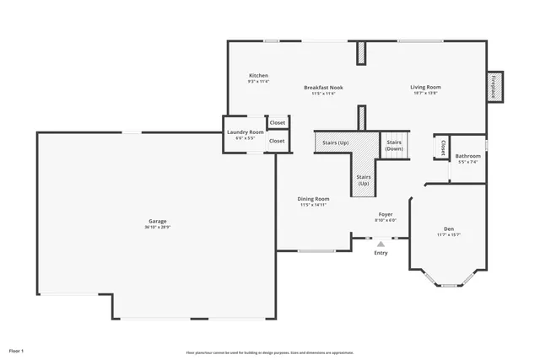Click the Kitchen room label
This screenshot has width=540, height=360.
(258, 76)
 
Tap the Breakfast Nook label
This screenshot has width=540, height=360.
(323, 88)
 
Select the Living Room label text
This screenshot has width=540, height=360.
(425, 88)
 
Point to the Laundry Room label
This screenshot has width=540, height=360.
(245, 132)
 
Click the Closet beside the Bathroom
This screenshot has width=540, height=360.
(441, 148)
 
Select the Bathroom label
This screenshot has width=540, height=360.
(467, 156)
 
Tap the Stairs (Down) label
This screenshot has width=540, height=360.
(394, 145)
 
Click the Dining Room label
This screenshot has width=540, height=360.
(313, 198)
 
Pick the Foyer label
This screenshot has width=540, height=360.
(385, 215)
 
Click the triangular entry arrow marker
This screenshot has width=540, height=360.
(381, 244)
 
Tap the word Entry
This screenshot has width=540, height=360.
(381, 253)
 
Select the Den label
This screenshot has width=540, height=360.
(448, 228)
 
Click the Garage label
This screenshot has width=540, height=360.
(156, 222)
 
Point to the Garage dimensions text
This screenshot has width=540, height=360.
(156, 228)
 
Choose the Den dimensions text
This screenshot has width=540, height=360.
(448, 234)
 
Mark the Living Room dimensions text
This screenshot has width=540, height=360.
(425, 94)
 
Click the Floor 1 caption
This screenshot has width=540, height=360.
(17, 349)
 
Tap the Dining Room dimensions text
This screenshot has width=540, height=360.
(313, 205)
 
